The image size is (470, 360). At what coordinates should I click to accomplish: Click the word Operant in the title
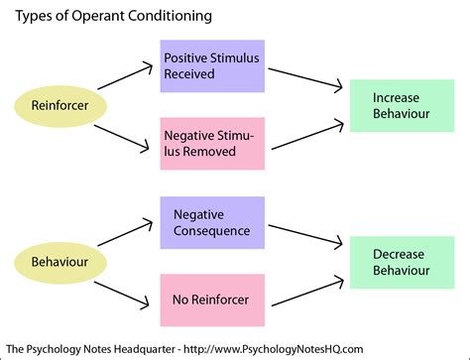[94, 17]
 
